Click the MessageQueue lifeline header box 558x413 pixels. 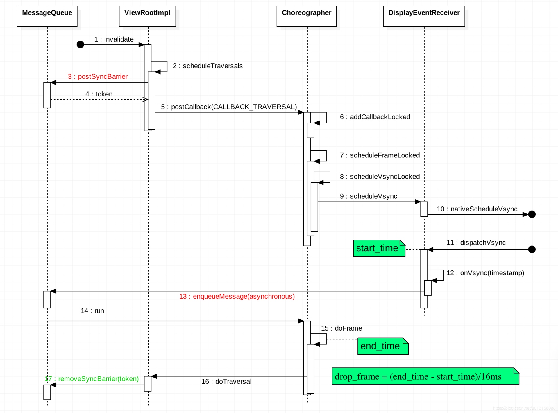(x=47, y=16)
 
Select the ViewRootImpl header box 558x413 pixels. (x=147, y=16)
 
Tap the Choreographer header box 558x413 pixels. (x=307, y=16)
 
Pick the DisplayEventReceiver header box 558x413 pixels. (x=424, y=16)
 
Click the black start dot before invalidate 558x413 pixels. (x=81, y=44)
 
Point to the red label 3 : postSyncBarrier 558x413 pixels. (x=98, y=76)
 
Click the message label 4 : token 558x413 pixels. (x=99, y=94)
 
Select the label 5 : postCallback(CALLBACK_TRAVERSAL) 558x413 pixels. (x=229, y=107)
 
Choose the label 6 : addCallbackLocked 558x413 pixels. (x=375, y=117)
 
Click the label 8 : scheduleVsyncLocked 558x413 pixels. (x=380, y=177)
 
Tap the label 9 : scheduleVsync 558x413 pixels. (x=369, y=196)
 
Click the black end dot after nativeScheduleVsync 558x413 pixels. (x=532, y=214)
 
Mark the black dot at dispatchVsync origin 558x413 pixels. (x=532, y=249)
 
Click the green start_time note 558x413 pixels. (x=379, y=248)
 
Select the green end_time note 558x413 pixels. (x=382, y=346)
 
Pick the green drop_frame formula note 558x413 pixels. (x=425, y=376)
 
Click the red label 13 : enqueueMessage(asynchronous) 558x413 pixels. (x=237, y=296)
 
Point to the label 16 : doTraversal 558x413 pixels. (x=226, y=381)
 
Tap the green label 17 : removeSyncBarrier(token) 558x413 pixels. (x=92, y=379)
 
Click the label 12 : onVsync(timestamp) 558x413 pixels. (x=485, y=273)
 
